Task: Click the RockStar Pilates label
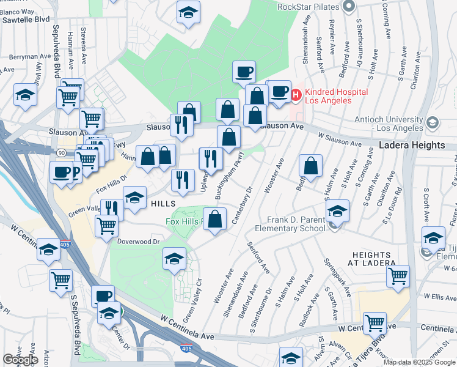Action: click(308, 7)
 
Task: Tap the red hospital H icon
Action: click(296, 95)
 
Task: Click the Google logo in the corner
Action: click(20, 359)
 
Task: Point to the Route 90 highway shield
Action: click(62, 152)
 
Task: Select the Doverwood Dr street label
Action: click(139, 242)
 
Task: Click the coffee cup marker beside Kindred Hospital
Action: click(279, 92)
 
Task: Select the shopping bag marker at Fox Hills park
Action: click(214, 219)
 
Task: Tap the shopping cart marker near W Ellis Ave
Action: click(398, 276)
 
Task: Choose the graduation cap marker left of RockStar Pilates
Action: click(189, 12)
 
